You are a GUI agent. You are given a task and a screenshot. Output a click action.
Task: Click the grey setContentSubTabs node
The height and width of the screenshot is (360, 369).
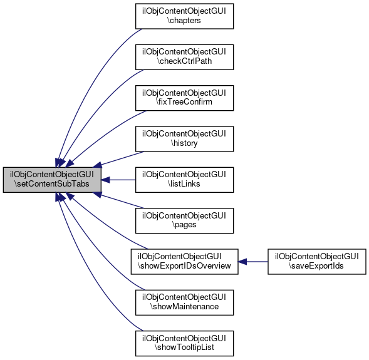(x=52, y=180)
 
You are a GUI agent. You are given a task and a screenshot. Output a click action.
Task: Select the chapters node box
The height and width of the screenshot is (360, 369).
(x=184, y=16)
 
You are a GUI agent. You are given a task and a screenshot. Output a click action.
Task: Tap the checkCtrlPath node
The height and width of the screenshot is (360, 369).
(x=184, y=57)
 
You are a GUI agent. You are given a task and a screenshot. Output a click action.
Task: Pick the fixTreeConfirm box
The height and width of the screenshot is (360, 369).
(x=184, y=98)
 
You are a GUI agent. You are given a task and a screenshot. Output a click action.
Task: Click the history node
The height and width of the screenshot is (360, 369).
(x=184, y=139)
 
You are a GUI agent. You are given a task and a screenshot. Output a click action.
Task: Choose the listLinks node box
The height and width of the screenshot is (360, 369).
(x=184, y=180)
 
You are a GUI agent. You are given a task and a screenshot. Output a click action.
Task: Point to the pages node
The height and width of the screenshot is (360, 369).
(x=184, y=221)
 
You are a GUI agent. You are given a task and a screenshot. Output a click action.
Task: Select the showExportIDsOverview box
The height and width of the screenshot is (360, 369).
(x=184, y=262)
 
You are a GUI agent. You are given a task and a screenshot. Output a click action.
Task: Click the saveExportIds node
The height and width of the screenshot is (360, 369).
(x=317, y=262)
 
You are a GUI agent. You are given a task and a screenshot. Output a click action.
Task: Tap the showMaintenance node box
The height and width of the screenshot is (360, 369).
(x=184, y=302)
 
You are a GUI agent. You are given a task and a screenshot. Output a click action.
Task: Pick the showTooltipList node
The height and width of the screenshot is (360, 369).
(x=184, y=344)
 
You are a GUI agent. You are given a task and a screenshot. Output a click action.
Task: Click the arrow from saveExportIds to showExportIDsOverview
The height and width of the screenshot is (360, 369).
(x=253, y=262)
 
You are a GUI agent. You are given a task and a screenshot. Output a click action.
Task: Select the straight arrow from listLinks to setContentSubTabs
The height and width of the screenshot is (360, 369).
(x=118, y=180)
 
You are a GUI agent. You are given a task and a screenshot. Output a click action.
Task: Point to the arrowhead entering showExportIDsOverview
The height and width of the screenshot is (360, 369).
(x=242, y=262)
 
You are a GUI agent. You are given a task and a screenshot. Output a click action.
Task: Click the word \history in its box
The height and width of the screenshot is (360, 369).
(x=184, y=143)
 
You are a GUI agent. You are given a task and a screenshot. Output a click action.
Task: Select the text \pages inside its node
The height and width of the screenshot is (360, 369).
(x=184, y=225)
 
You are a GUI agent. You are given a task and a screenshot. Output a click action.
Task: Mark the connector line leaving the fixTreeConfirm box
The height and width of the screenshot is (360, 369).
(x=103, y=134)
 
